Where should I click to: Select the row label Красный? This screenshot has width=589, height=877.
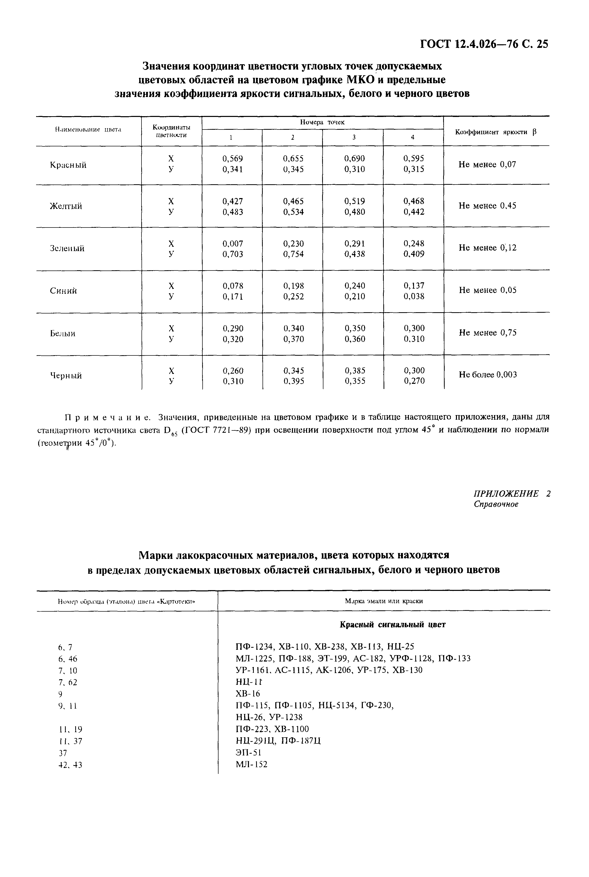[x=68, y=165]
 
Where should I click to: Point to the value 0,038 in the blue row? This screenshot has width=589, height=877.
[x=414, y=296]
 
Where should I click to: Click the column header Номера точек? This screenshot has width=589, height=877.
[x=322, y=122]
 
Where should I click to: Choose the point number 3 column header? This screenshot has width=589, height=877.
[x=353, y=137]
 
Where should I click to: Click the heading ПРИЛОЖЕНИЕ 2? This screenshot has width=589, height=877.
[x=512, y=494]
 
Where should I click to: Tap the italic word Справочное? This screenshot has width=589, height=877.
[x=496, y=504]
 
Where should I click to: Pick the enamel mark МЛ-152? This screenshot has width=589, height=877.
[x=251, y=764]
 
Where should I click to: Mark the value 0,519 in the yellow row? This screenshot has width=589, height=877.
[x=354, y=201]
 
